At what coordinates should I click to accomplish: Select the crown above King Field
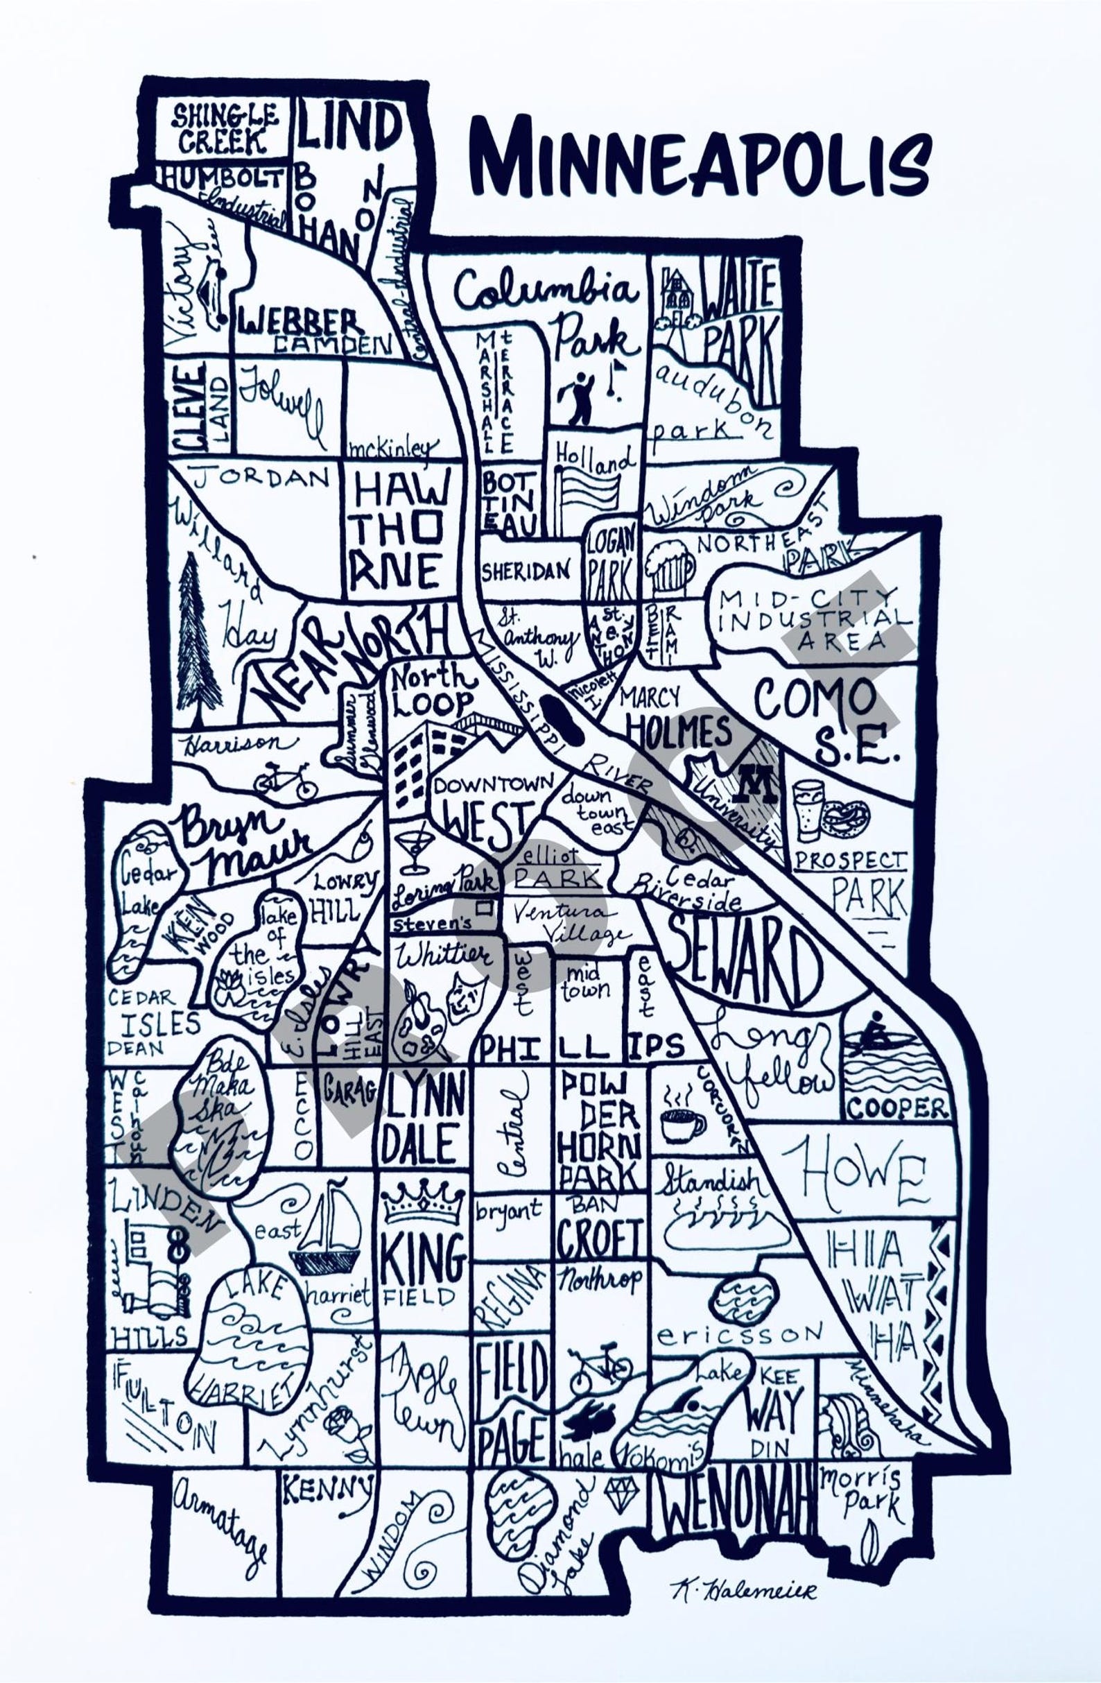click(423, 1202)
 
